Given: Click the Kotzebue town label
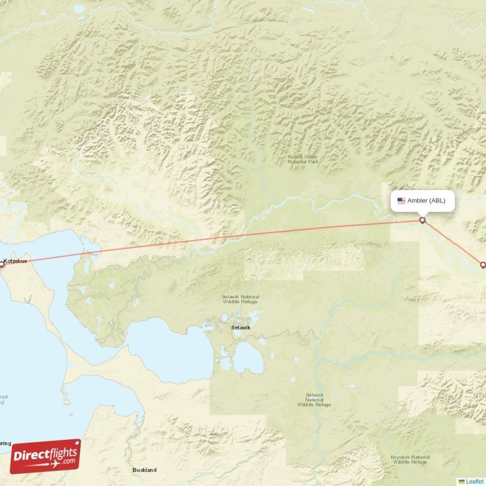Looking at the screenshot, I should pyautogui.click(x=16, y=261).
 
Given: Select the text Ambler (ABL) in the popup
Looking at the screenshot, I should pyautogui.click(x=426, y=200).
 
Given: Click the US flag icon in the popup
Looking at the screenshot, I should pyautogui.click(x=401, y=200).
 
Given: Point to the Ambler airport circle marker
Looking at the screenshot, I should pyautogui.click(x=422, y=220).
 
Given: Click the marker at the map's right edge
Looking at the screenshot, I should pyautogui.click(x=483, y=265).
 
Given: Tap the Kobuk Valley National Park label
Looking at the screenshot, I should pyautogui.click(x=303, y=160).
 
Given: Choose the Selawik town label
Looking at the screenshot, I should pyautogui.click(x=240, y=327).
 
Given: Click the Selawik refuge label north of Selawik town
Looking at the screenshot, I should pyautogui.click(x=240, y=298).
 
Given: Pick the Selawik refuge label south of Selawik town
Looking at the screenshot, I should pyautogui.click(x=314, y=399).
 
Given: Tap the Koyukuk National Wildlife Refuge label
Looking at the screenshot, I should pyautogui.click(x=412, y=459).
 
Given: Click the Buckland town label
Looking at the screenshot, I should pyautogui.click(x=145, y=470).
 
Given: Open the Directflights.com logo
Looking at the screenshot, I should pyautogui.click(x=46, y=456).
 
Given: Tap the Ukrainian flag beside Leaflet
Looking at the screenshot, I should pyautogui.click(x=462, y=481).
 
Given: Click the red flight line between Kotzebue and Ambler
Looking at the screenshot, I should pyautogui.click(x=213, y=241).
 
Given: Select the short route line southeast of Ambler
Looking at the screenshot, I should pyautogui.click(x=453, y=243).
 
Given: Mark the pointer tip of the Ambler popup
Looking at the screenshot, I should pyautogui.click(x=422, y=215).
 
